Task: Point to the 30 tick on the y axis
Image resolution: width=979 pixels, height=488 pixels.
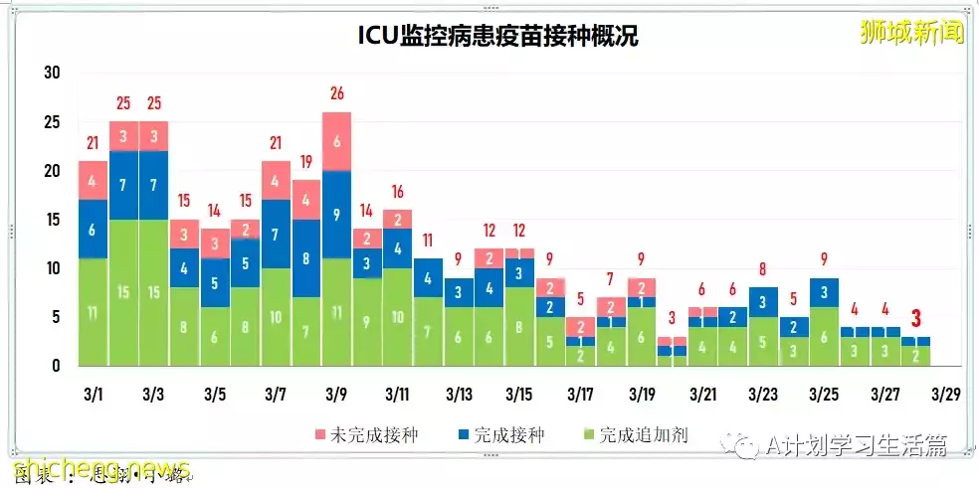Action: point(53,73)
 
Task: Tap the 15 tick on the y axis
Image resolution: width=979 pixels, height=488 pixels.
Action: point(53,220)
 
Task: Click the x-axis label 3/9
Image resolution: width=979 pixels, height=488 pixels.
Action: point(337,395)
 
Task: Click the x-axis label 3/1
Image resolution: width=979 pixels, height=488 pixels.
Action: point(93,395)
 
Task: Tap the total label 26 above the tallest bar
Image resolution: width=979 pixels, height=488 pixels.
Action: point(337,94)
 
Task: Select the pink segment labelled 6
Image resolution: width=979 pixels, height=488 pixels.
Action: point(337,141)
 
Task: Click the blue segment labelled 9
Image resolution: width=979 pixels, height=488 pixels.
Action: point(337,214)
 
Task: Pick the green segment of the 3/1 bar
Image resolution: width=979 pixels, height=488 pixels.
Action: point(93,312)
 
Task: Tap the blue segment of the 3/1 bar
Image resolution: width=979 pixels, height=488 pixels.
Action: point(93,230)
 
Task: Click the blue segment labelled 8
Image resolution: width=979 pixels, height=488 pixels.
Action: point(306,258)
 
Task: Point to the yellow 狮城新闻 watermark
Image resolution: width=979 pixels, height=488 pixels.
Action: point(910,32)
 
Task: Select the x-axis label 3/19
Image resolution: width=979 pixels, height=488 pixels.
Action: point(643,395)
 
